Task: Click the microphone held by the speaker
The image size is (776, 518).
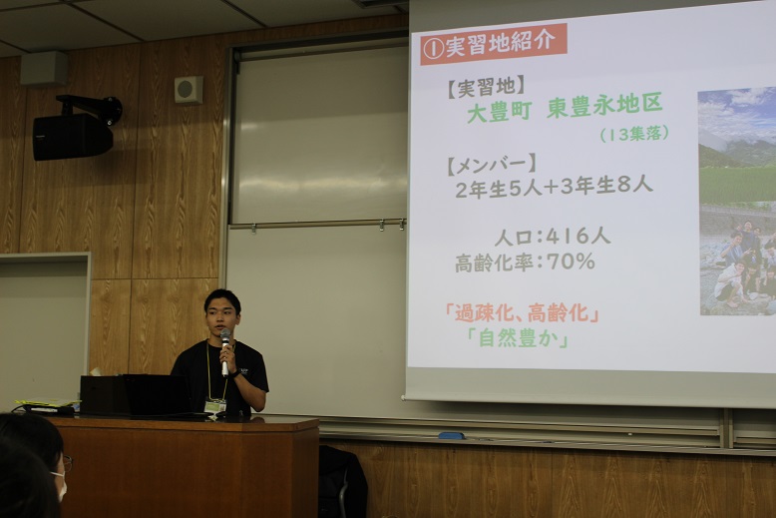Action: click(x=225, y=351)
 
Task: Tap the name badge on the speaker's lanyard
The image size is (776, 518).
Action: click(x=214, y=406)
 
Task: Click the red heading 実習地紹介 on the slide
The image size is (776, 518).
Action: click(x=494, y=44)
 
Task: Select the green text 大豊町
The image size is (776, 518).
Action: click(x=500, y=113)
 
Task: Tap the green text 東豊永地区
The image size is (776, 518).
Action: click(x=604, y=106)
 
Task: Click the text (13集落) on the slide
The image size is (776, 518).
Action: click(x=634, y=134)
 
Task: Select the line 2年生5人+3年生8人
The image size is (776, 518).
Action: click(x=554, y=188)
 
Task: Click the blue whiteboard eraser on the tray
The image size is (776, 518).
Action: click(x=452, y=436)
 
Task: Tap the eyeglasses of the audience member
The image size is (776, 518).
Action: click(x=67, y=463)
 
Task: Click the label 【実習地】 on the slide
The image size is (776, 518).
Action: click(x=486, y=87)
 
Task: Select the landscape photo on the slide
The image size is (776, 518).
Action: click(x=737, y=201)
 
